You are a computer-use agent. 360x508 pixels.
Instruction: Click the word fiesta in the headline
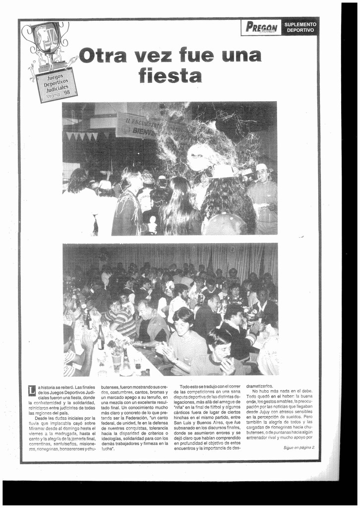coord(170,75)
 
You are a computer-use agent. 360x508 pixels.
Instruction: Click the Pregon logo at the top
coord(261,27)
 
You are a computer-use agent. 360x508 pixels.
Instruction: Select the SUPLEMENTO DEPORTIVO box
coord(300,27)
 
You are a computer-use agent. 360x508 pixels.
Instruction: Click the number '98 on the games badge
coord(66,92)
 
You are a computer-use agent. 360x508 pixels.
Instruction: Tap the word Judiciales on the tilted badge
coord(56,87)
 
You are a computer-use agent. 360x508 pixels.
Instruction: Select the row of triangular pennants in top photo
coord(82,135)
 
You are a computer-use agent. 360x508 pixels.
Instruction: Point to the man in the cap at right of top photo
coord(262,198)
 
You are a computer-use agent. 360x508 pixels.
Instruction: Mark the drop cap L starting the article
coord(32,390)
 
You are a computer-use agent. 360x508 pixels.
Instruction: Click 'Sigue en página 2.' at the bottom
coord(299,447)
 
